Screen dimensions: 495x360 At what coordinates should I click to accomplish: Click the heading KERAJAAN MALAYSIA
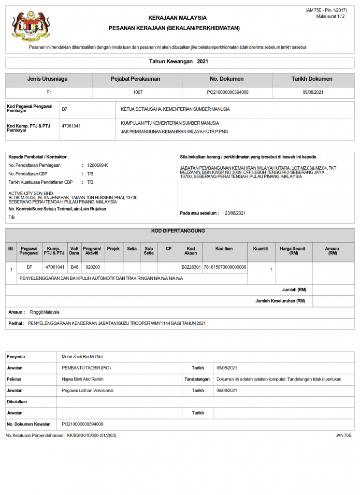[x=177, y=18]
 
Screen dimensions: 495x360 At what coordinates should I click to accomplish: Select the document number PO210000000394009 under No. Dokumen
[x=227, y=92]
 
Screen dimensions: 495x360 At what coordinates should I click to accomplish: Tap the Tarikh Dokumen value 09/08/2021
[x=313, y=92]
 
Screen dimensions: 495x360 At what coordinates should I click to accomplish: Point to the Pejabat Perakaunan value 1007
[x=138, y=92]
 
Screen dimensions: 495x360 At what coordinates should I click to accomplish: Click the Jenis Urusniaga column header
[x=47, y=79]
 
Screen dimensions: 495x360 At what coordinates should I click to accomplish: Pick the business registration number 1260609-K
[x=98, y=165]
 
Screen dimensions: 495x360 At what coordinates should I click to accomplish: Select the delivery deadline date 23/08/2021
[x=235, y=213]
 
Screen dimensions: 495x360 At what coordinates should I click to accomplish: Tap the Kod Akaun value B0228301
[x=191, y=267]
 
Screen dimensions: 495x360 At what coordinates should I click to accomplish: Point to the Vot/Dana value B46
[x=74, y=267]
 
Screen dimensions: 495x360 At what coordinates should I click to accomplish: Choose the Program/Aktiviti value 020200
[x=92, y=267]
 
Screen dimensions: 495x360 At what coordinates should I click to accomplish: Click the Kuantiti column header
[x=260, y=248]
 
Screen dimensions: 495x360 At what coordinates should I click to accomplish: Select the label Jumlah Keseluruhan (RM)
[x=280, y=301]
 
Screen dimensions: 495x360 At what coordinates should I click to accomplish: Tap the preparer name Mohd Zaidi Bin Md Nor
[x=83, y=357]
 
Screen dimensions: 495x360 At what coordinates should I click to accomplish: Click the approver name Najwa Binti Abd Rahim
[x=83, y=379]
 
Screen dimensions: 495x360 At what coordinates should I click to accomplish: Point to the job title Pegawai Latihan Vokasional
[x=87, y=390]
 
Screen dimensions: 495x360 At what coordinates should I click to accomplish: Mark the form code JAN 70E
[x=344, y=436]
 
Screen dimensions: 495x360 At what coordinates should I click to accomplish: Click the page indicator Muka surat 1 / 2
[x=331, y=16]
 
